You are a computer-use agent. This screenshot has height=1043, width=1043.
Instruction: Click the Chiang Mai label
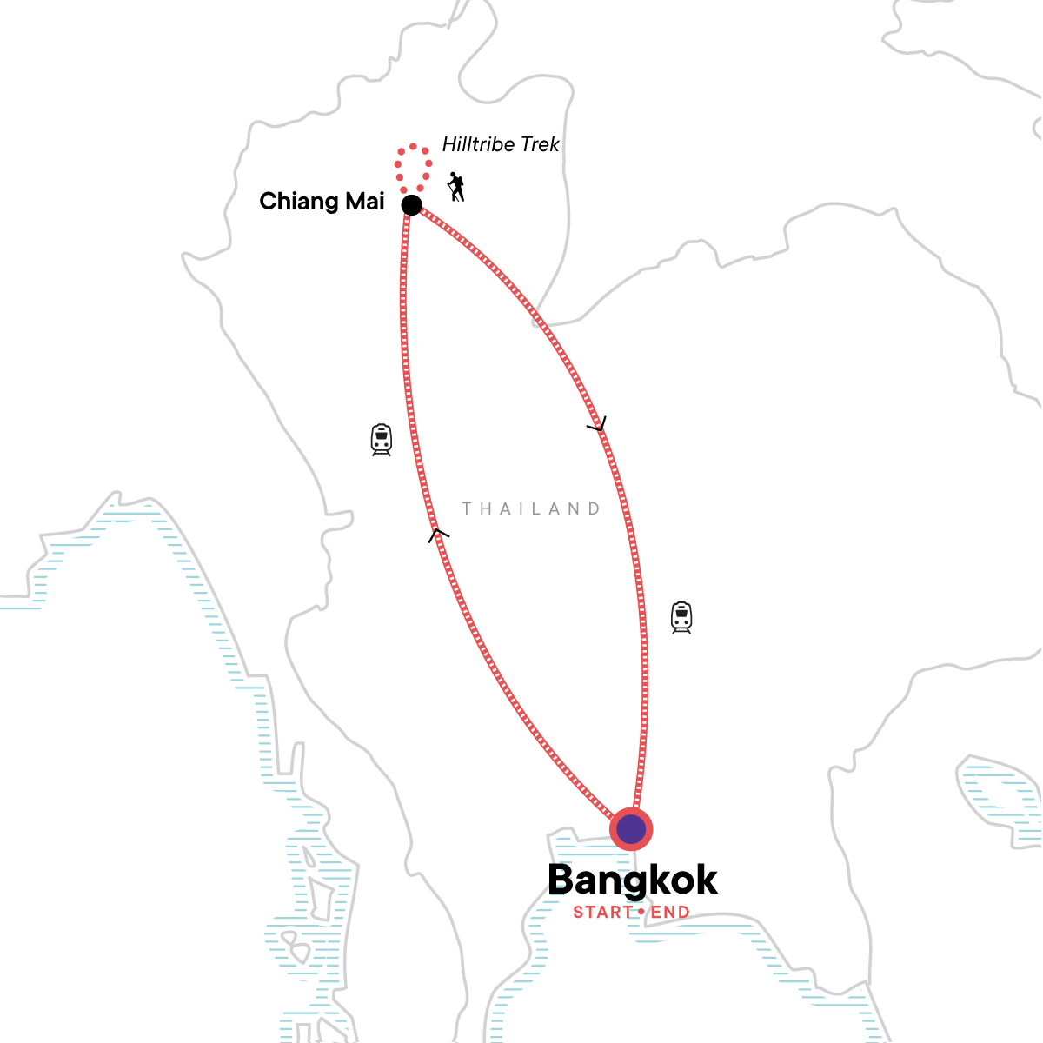(x=322, y=202)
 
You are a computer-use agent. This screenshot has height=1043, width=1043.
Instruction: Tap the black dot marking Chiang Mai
(x=411, y=205)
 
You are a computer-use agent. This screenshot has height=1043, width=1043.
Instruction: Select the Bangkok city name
(x=632, y=880)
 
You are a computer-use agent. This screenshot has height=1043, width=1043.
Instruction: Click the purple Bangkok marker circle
(x=631, y=829)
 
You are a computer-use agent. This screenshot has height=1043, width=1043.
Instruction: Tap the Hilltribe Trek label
(x=501, y=144)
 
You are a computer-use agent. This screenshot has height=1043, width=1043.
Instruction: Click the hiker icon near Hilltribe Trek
(x=456, y=186)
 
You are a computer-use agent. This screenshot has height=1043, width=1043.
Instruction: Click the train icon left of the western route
(x=382, y=440)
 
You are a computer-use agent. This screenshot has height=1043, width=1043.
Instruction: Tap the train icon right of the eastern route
(x=681, y=617)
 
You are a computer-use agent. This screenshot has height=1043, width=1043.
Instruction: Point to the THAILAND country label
(x=531, y=508)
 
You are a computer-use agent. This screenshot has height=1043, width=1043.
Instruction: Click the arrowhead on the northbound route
(x=439, y=535)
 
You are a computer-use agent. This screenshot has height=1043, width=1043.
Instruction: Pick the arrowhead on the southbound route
(x=597, y=426)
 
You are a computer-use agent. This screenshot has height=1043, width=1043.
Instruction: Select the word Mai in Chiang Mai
(x=364, y=202)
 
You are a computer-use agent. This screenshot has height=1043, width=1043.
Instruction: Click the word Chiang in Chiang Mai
(x=298, y=202)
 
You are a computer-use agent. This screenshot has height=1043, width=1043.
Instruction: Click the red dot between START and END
(x=641, y=913)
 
